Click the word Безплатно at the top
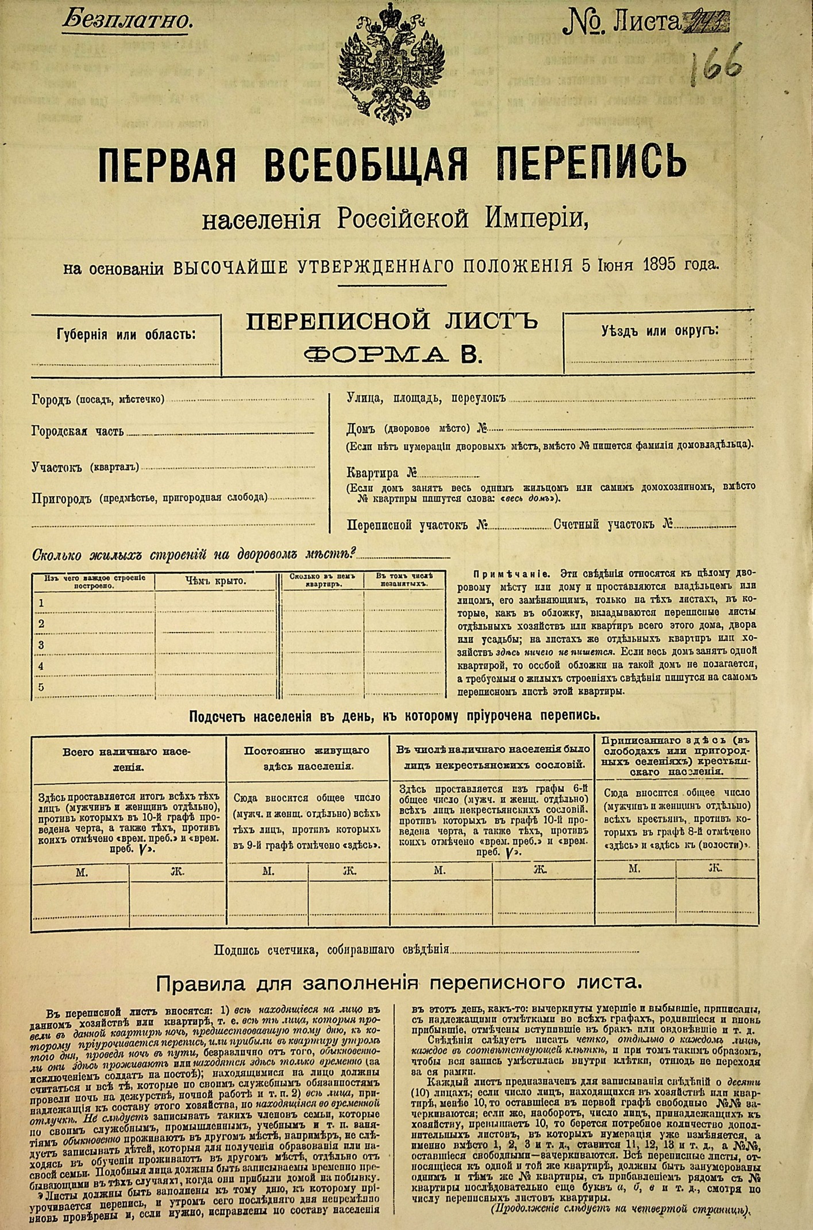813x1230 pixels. click(x=127, y=21)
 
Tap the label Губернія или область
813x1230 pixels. click(x=126, y=334)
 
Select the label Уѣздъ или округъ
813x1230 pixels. click(x=660, y=331)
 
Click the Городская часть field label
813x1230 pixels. click(x=78, y=432)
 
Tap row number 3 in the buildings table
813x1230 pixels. click(x=41, y=645)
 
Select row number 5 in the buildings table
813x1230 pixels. click(x=41, y=687)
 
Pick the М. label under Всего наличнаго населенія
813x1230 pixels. click(x=82, y=872)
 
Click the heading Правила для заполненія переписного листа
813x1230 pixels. click(x=399, y=983)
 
